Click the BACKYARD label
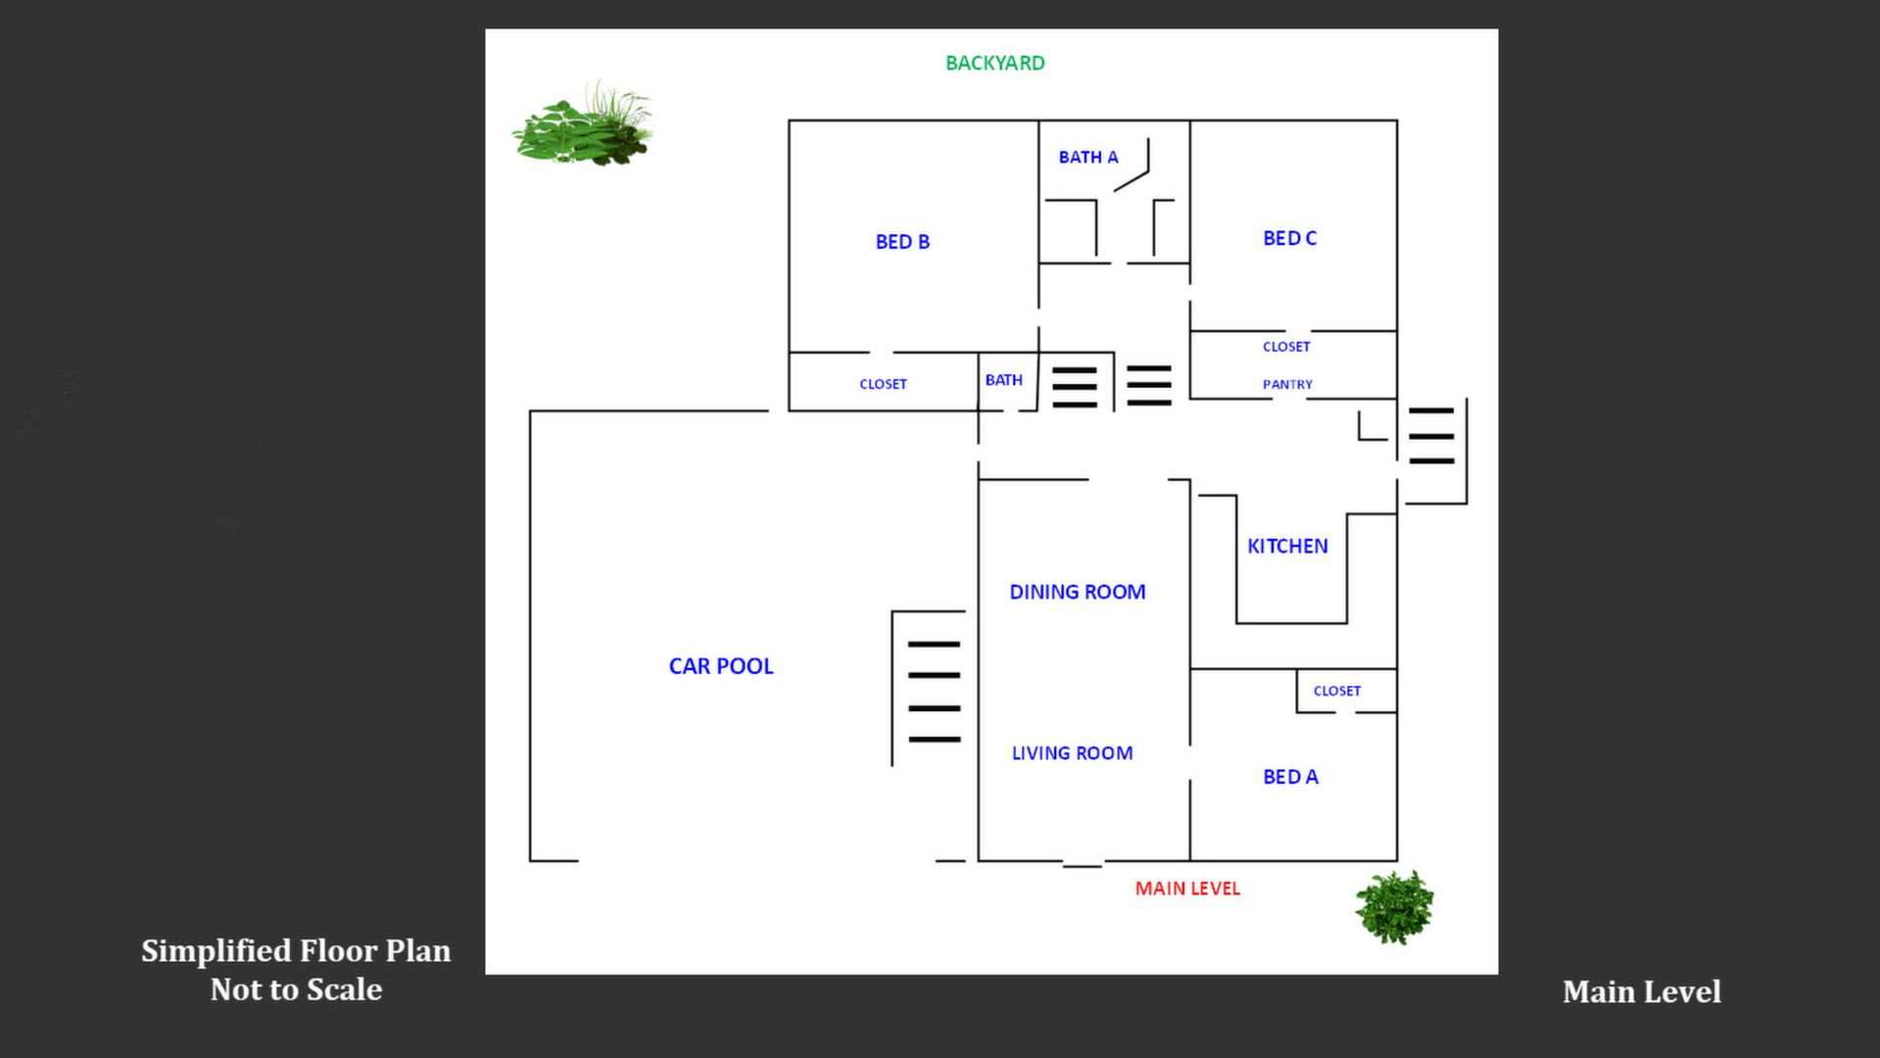click(x=994, y=64)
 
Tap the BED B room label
click(x=902, y=242)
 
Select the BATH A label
click(x=1087, y=158)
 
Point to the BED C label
click(x=1289, y=238)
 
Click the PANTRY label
click(x=1287, y=385)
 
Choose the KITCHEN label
click(x=1287, y=547)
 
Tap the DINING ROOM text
click(x=1077, y=592)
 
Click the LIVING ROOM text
click(x=1072, y=753)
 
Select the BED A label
click(x=1290, y=777)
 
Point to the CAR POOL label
click(x=721, y=666)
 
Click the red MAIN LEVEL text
click(x=1187, y=889)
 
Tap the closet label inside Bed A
click(x=1336, y=691)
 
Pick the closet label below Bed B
click(x=883, y=384)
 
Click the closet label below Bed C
click(x=1285, y=347)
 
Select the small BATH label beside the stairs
click(x=1003, y=380)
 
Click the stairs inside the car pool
click(x=933, y=691)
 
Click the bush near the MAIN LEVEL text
click(x=1393, y=907)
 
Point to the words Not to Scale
click(x=296, y=989)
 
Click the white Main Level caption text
click(x=1641, y=991)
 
